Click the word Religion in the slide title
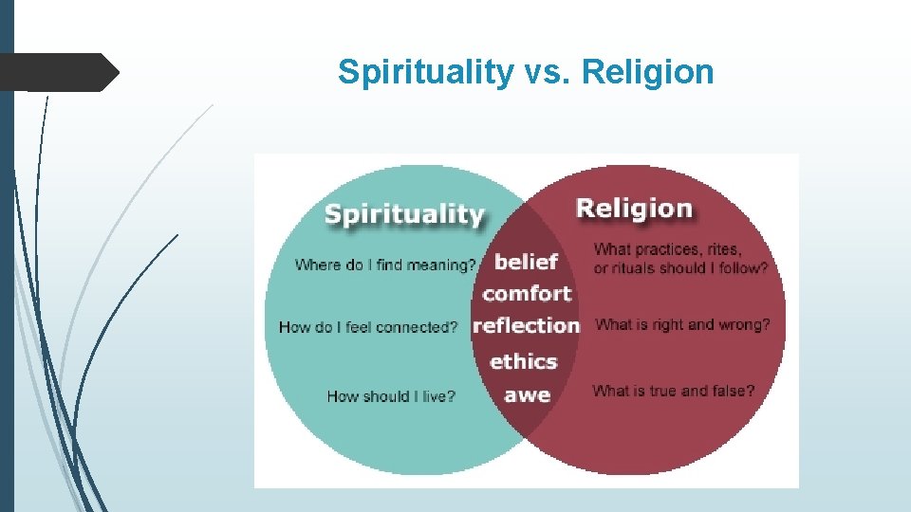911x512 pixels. point(648,72)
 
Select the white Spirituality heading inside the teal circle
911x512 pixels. point(404,213)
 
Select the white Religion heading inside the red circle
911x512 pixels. point(634,208)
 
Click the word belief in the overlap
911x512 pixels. point(526,261)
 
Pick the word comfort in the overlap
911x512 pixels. point(527,293)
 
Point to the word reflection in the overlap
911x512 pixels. point(526,325)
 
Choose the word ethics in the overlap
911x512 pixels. point(523,360)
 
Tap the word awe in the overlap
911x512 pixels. point(527,393)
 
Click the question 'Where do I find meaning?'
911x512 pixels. point(385,265)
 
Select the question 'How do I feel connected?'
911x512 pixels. point(368,327)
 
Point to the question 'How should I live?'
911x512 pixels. point(391,396)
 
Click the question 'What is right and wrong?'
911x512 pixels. point(682,324)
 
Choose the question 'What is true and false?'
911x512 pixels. point(674,391)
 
